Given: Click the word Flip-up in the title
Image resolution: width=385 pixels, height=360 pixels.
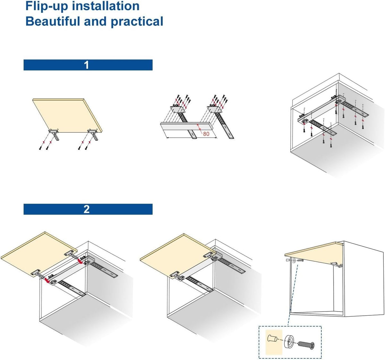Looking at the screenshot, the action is point(47,6).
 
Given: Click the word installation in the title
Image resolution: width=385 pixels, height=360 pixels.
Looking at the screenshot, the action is point(106,6).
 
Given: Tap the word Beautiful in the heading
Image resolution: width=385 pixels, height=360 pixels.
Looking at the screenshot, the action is point(53,21).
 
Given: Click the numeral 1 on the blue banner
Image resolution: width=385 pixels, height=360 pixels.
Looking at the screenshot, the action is point(86,65).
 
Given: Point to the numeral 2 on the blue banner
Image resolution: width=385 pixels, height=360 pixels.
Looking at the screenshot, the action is point(86,209).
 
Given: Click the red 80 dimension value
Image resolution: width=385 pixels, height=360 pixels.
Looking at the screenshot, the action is point(206,134).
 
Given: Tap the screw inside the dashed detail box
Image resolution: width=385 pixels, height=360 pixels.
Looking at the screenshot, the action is point(306,345).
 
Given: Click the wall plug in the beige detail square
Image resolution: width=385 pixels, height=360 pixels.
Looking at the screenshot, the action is point(272,338).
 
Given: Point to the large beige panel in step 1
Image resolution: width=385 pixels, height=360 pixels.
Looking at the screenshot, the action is point(67,116).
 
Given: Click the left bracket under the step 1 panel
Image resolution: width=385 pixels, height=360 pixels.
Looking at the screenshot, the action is point(54,134).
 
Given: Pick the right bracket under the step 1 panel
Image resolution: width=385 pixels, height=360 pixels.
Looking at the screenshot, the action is point(93,134).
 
